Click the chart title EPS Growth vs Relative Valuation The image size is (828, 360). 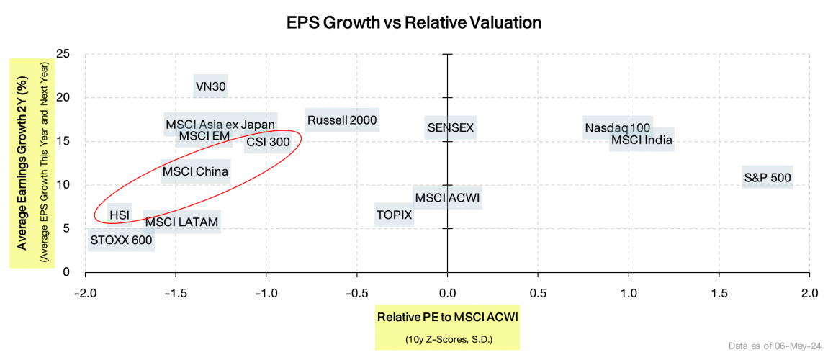point(413,22)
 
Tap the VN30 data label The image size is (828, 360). point(211,86)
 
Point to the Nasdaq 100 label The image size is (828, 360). point(617,128)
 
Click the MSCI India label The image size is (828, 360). point(642,140)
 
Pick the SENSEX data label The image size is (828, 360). point(450,127)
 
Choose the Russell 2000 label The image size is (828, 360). point(342,120)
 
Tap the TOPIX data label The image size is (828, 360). point(394,215)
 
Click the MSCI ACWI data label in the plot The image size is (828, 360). point(447,197)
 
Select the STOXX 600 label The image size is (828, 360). point(121,240)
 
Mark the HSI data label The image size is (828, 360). point(119,215)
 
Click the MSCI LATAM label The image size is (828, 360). point(181,222)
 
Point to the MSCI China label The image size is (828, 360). point(195,171)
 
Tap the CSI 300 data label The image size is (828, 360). point(268,142)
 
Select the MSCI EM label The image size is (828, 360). point(204,135)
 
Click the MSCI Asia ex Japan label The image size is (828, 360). point(220,125)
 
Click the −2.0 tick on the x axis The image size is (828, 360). point(85,294)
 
